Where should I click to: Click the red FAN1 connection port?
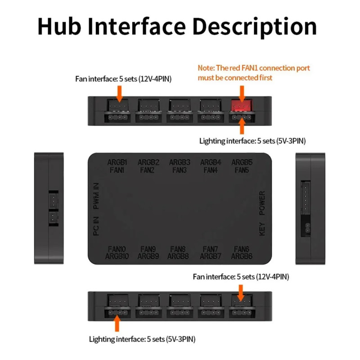(241, 106)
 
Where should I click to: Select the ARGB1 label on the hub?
(117, 162)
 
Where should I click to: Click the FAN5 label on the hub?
(241, 170)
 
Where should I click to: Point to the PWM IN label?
(96, 196)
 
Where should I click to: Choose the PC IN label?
(96, 226)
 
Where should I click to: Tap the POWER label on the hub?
(262, 203)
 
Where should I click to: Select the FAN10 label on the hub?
(117, 249)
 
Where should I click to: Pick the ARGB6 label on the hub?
(242, 256)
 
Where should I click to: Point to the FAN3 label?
(179, 170)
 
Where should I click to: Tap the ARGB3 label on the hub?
(179, 162)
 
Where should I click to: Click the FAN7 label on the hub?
(210, 249)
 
